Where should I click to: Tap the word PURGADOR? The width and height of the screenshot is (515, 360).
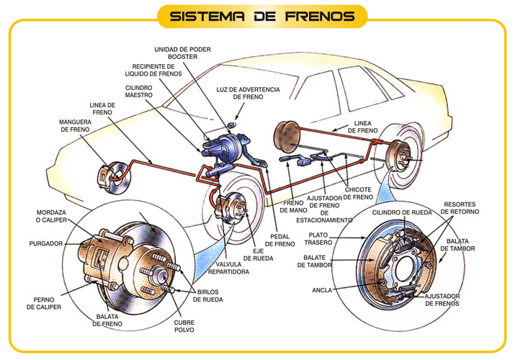[x=45, y=244]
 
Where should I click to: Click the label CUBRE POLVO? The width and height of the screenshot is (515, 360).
[x=184, y=328]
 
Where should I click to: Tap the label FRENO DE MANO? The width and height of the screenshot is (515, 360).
[x=294, y=207]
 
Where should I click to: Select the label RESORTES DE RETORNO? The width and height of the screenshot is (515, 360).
[x=458, y=208]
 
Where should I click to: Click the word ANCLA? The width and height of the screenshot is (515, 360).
[x=323, y=292]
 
